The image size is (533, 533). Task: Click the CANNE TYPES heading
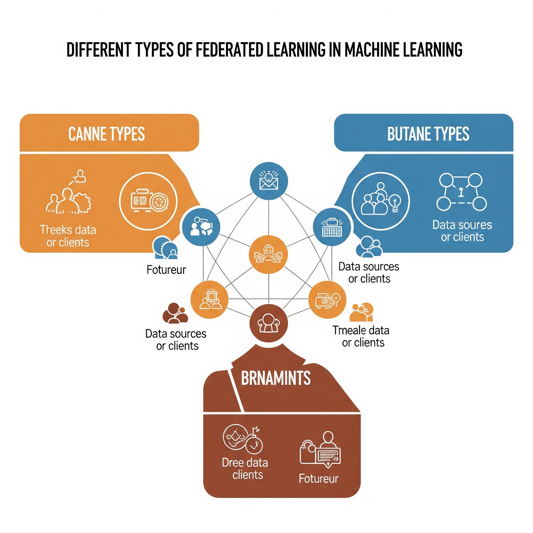(106, 134)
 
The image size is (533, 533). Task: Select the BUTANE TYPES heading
(428, 134)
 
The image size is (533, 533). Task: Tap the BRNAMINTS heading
(276, 378)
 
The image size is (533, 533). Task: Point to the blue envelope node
(268, 181)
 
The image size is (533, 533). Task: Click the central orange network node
(268, 254)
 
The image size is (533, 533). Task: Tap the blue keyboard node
(332, 227)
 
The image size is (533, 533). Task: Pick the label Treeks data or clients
(68, 236)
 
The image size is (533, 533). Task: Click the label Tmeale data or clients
(361, 336)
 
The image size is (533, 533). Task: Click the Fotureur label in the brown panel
(319, 479)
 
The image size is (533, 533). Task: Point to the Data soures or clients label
(462, 231)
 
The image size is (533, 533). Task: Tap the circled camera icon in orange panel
(148, 201)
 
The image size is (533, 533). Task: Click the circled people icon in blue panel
(381, 201)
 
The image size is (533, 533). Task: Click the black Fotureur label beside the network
(166, 270)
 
